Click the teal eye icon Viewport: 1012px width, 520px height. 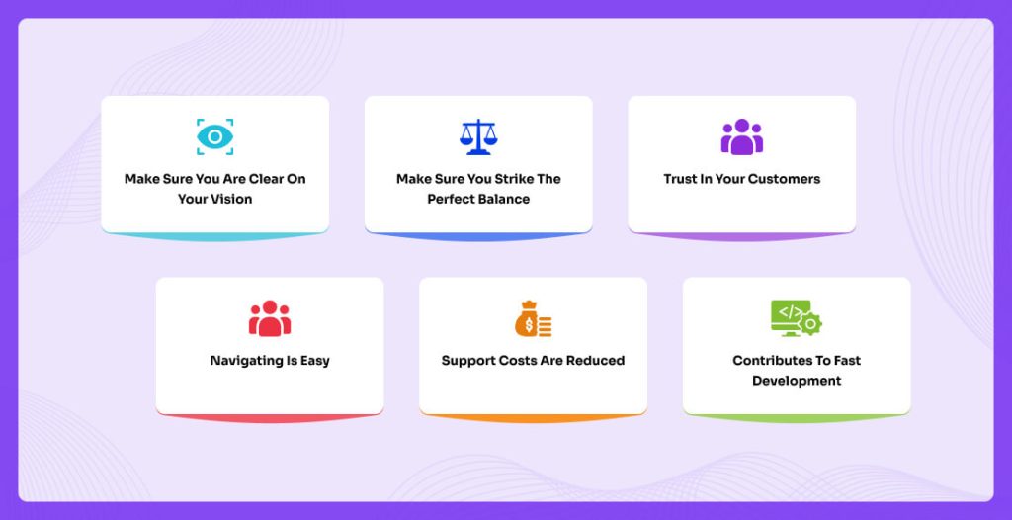click(x=214, y=137)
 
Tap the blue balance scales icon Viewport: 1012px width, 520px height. click(x=478, y=137)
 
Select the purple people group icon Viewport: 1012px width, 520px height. click(x=742, y=137)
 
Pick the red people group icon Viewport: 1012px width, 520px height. click(x=270, y=318)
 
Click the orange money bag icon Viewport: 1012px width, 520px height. click(x=533, y=318)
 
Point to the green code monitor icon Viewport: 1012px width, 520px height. click(x=797, y=317)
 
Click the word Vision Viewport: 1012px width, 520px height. click(x=233, y=199)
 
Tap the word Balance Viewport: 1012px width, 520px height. click(x=503, y=199)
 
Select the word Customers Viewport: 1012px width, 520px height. click(x=784, y=179)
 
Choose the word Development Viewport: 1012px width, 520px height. click(x=797, y=382)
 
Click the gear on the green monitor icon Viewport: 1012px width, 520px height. click(x=810, y=323)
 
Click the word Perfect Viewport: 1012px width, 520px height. click(x=450, y=199)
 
